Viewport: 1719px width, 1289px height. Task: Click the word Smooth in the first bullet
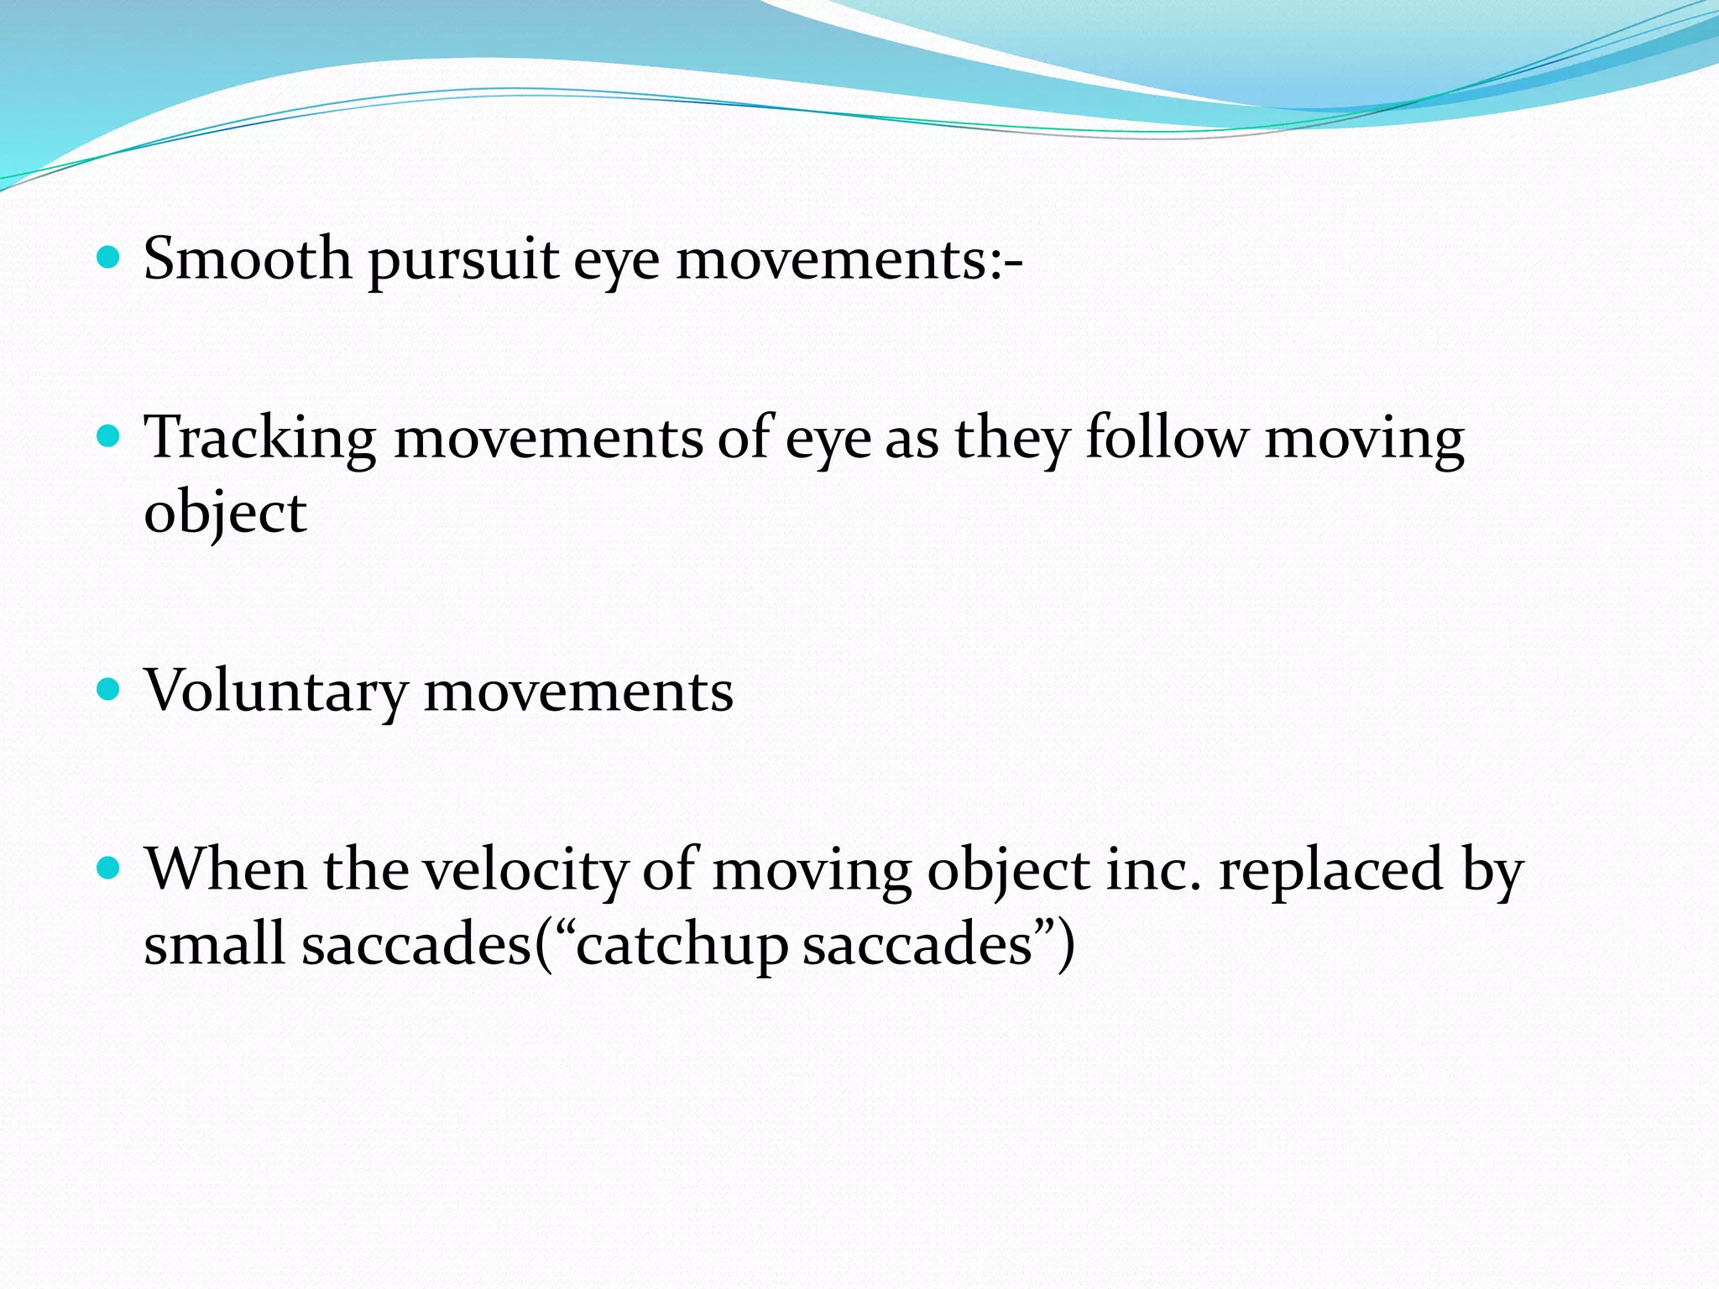[x=248, y=258]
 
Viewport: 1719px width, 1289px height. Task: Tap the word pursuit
[x=463, y=260]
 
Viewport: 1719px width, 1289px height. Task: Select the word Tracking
[x=260, y=439]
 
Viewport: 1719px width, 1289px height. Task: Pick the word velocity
[x=525, y=870]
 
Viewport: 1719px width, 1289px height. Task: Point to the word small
[x=215, y=944]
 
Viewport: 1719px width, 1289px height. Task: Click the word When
[x=225, y=869]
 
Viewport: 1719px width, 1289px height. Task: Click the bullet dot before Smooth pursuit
[x=109, y=257]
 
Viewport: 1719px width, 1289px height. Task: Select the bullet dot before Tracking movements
[x=109, y=436]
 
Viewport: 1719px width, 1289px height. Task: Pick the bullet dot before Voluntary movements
[x=109, y=691]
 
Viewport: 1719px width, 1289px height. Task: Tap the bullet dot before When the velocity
[x=109, y=869]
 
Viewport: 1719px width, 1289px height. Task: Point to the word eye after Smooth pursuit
[x=617, y=260]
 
